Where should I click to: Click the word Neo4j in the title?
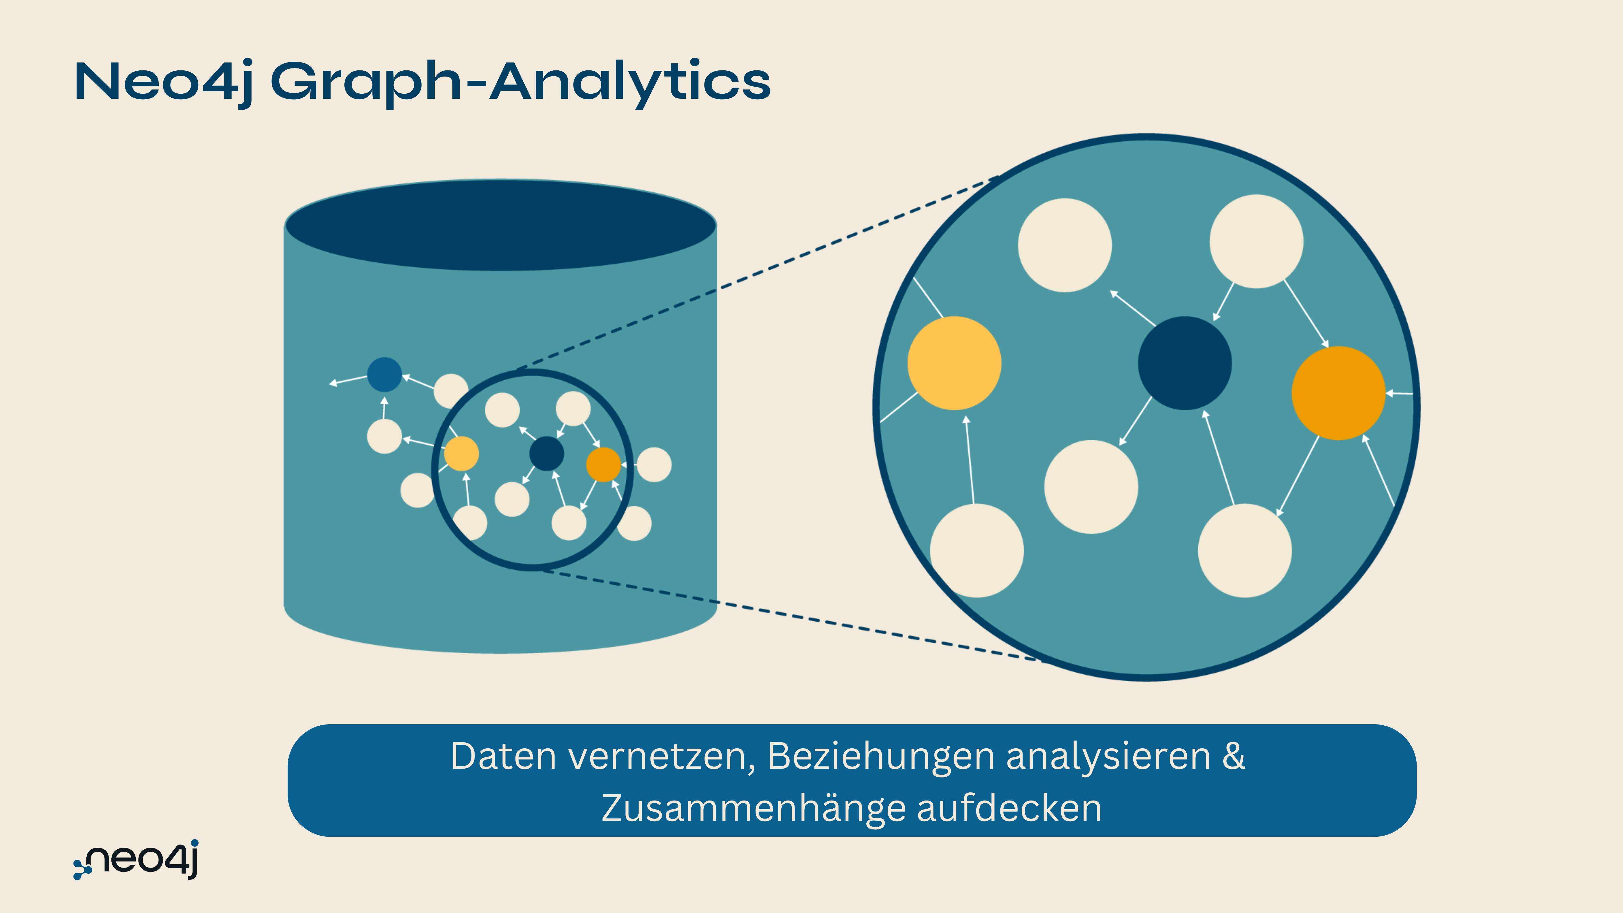coord(163,82)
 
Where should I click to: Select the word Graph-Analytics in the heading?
coord(521,82)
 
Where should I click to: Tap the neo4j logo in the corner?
coord(137,859)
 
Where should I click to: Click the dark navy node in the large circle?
coord(1184,363)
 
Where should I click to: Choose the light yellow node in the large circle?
coord(954,363)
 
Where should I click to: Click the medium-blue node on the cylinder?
coord(384,374)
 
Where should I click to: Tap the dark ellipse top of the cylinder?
coord(501,225)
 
